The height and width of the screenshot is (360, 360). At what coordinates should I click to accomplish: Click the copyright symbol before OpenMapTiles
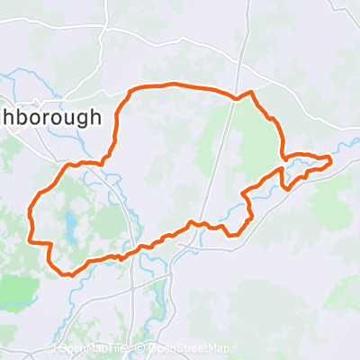click(x=50, y=348)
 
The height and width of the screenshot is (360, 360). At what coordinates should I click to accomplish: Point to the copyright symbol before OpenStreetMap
click(x=142, y=348)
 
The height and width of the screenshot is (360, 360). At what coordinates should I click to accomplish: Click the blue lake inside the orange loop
click(x=68, y=221)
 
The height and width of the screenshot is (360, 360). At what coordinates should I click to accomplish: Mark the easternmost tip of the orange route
click(x=331, y=160)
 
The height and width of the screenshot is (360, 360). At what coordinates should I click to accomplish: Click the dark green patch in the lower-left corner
click(x=18, y=290)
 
